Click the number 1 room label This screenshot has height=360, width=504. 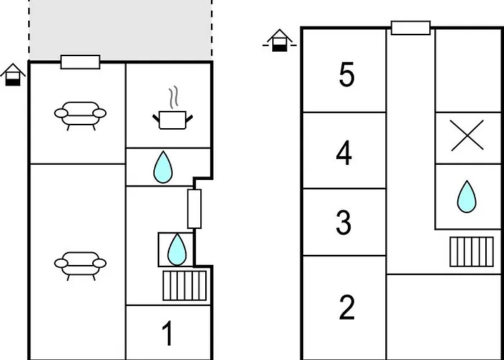click(168, 334)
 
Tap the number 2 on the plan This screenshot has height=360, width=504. click(346, 308)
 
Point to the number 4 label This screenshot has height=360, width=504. click(344, 154)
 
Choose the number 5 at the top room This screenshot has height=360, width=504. click(346, 75)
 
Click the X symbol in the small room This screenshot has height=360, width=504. click(467, 135)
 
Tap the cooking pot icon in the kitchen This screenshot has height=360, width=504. click(173, 120)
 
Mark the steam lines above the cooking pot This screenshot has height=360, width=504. click(174, 96)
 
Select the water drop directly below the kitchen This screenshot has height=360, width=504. click(163, 167)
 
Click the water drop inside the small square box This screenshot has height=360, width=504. click(177, 249)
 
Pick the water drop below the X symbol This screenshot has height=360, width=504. click(467, 197)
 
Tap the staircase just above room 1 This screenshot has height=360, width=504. click(184, 285)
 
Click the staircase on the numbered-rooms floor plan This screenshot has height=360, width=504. click(472, 252)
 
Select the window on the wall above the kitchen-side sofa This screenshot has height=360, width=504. click(81, 62)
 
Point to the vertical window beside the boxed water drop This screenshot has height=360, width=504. click(194, 209)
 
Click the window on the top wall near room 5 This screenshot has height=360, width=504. click(411, 28)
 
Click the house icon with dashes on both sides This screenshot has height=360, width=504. click(279, 40)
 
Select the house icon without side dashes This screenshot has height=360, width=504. click(13, 75)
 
